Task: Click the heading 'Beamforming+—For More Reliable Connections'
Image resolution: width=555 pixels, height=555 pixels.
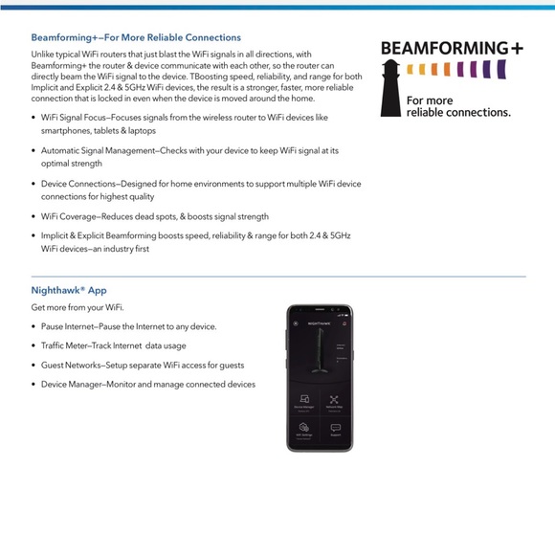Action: (x=136, y=37)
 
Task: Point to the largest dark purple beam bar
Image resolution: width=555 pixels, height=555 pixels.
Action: (x=500, y=70)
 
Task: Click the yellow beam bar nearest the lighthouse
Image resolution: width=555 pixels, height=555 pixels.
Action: (x=410, y=69)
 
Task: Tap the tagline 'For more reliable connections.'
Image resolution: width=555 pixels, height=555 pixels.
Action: (x=457, y=106)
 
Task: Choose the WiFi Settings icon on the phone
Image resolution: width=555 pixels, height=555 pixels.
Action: (x=304, y=427)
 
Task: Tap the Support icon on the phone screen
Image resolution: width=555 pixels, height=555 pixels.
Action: (x=335, y=428)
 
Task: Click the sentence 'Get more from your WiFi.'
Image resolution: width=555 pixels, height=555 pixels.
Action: (x=78, y=307)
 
